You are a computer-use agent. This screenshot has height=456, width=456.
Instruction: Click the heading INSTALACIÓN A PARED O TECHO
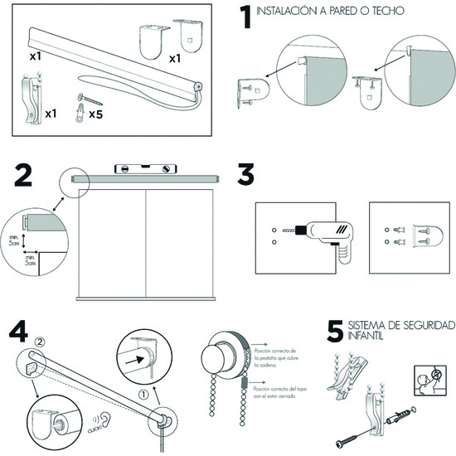330,12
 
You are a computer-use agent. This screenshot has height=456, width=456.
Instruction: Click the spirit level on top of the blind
145,169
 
